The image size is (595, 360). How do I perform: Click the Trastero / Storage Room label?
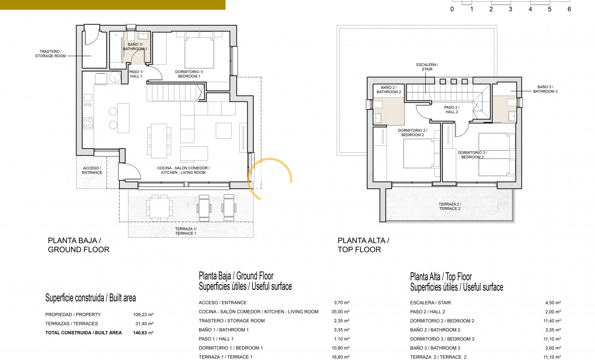point(50,54)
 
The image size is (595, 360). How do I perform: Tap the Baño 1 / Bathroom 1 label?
point(135,46)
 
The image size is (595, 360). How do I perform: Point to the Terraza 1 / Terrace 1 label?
point(186,231)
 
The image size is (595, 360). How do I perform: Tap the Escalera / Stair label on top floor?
point(427,67)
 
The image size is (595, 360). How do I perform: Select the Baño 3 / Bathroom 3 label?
point(545,89)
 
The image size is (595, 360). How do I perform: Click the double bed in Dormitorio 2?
point(419,154)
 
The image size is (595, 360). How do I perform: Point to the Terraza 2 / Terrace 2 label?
point(449,206)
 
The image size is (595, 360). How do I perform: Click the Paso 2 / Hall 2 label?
point(452,109)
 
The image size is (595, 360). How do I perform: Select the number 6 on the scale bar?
point(569,9)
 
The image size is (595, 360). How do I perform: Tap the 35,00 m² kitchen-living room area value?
point(341,312)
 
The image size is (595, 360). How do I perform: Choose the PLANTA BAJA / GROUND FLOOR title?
point(78,245)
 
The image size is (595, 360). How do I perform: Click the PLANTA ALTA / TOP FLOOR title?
point(363,245)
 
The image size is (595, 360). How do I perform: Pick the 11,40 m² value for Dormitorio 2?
point(552,321)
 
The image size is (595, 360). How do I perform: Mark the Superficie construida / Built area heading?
point(90,298)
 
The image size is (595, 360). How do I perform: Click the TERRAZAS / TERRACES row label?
point(71,324)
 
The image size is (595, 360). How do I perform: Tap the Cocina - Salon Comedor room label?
point(183,170)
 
